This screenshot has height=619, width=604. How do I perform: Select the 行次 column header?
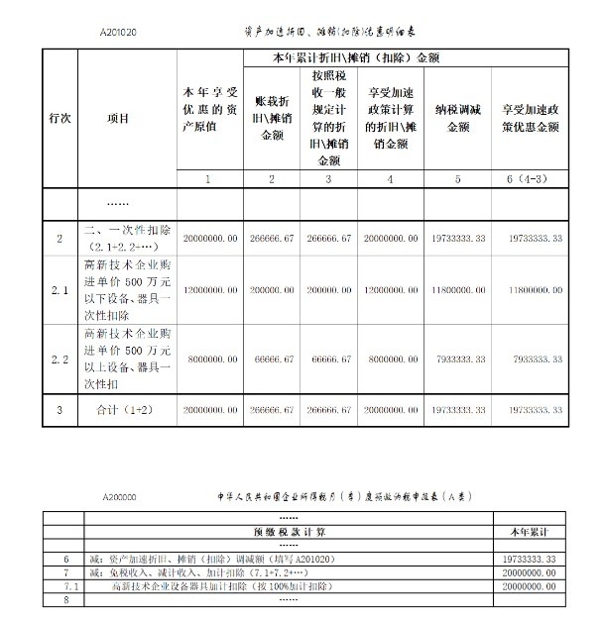click(59, 118)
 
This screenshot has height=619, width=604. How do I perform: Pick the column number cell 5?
click(456, 179)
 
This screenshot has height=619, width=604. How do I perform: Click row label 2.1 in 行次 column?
click(59, 290)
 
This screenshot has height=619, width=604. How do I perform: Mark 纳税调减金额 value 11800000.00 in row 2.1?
click(456, 290)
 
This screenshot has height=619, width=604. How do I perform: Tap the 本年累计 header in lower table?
click(535, 532)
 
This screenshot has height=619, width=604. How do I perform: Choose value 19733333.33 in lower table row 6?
click(535, 560)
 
